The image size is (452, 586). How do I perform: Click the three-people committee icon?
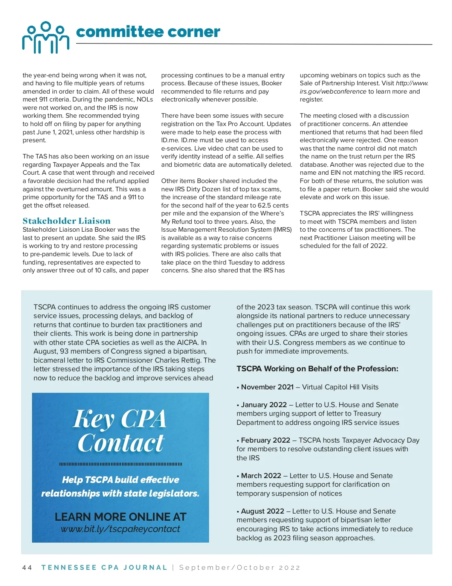click(x=46, y=37)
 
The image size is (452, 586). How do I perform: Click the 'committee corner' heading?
click(x=148, y=32)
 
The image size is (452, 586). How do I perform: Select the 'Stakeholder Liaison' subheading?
click(x=66, y=221)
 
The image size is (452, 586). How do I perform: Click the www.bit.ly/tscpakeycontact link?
click(x=120, y=529)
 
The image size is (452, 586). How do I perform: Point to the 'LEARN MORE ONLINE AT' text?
click(x=120, y=517)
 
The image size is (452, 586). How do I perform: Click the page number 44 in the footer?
click(x=27, y=568)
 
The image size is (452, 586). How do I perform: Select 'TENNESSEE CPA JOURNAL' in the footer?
click(x=104, y=568)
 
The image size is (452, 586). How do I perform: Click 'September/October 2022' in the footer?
click(x=240, y=568)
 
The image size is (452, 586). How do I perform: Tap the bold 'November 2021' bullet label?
click(x=267, y=387)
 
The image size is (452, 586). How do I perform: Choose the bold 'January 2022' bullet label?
click(x=264, y=405)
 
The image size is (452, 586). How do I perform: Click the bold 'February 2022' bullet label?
click(x=266, y=440)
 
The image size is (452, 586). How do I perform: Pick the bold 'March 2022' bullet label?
click(x=261, y=475)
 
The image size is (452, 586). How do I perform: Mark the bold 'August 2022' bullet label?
click(x=263, y=511)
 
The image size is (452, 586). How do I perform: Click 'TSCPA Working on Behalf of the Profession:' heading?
click(x=317, y=369)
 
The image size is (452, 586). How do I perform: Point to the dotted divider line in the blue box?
click(x=120, y=464)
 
